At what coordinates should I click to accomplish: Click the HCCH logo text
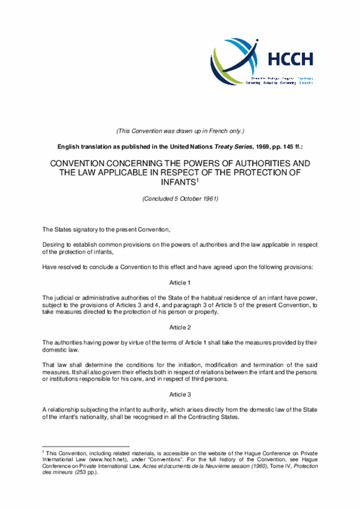point(290,59)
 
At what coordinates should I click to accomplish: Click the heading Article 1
point(180,282)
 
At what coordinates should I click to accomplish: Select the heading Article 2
point(180,327)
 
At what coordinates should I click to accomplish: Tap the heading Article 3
point(180,395)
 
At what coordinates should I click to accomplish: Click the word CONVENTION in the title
point(79,163)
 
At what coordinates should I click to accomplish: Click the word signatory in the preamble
point(84,229)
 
